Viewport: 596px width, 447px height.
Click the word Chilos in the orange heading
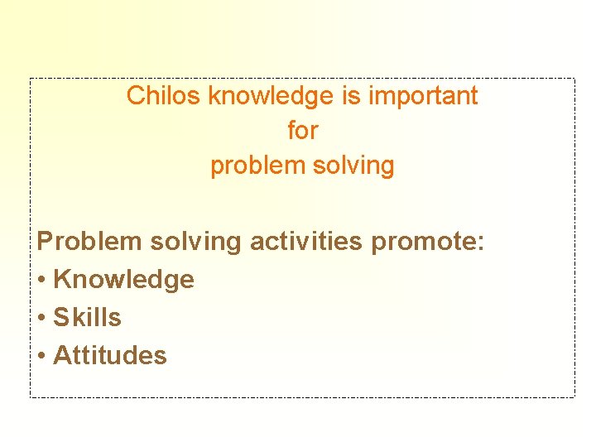(164, 96)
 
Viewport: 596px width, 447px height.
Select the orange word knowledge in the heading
(271, 96)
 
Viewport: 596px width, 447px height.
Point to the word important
(423, 97)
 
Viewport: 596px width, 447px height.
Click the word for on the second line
(302, 131)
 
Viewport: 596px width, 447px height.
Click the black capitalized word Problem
(89, 242)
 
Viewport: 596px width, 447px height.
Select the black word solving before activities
(195, 243)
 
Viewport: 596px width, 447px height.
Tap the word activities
(305, 242)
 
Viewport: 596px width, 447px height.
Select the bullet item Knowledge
(123, 280)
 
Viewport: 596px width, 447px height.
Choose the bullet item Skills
(87, 318)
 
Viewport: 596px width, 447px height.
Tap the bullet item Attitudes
(109, 356)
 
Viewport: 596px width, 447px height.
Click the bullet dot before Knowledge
(41, 281)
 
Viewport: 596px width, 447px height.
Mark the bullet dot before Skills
(41, 319)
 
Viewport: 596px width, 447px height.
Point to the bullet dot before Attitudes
(41, 357)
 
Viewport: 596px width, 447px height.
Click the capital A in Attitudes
(61, 356)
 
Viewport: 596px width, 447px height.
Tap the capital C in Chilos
(135, 96)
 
